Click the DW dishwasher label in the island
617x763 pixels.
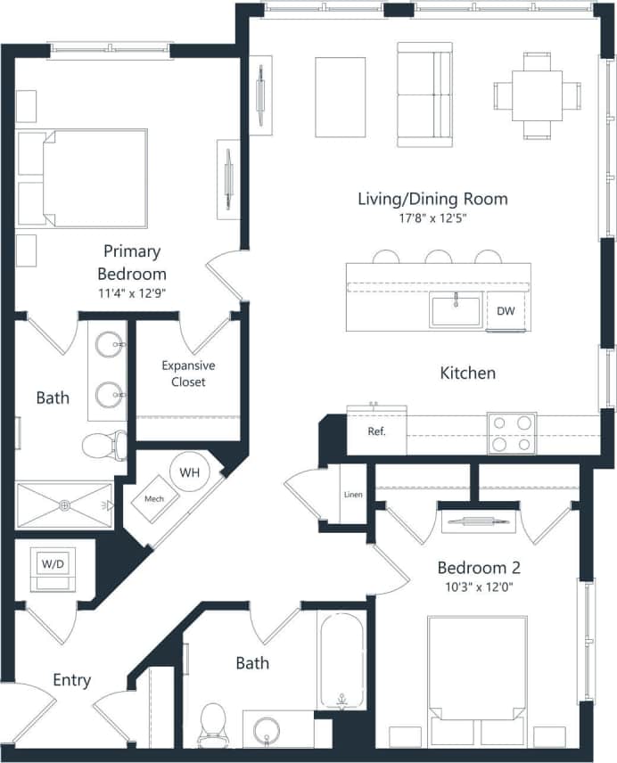(506, 311)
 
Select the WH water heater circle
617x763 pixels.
(189, 472)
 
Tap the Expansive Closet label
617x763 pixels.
(188, 373)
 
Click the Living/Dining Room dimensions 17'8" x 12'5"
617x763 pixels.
(432, 217)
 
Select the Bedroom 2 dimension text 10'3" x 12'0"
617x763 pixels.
(479, 587)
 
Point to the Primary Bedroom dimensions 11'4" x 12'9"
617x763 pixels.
(134, 291)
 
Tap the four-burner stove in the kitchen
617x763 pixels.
(512, 433)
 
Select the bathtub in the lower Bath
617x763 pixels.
(341, 659)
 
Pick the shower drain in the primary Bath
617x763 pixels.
(64, 505)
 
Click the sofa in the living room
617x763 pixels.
(424, 94)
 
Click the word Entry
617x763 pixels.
(71, 680)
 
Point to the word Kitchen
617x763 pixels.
(468, 373)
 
